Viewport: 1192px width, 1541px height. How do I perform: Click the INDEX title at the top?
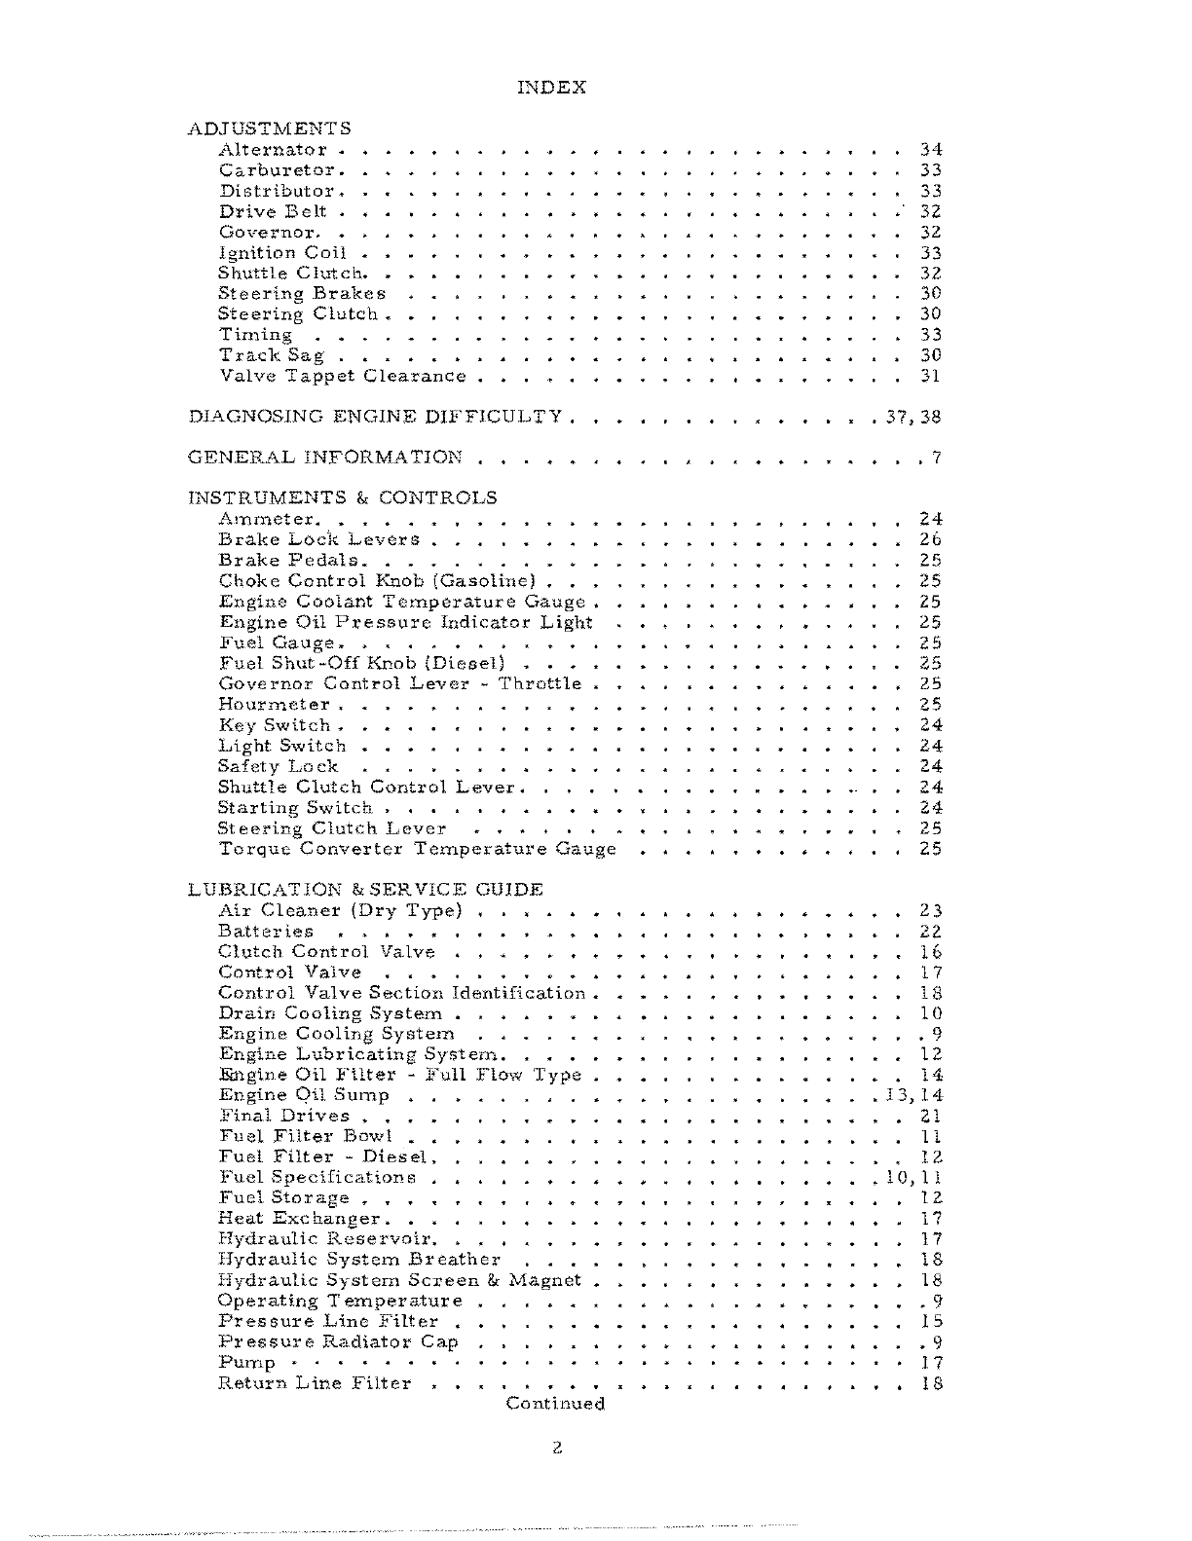(551, 88)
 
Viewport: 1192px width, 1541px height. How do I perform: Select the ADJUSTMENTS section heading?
(269, 128)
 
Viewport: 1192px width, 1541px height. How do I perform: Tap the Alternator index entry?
(273, 150)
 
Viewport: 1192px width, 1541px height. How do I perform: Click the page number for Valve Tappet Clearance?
(930, 376)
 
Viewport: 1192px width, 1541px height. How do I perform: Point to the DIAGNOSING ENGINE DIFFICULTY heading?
(375, 417)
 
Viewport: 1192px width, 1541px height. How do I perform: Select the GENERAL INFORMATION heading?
(325, 458)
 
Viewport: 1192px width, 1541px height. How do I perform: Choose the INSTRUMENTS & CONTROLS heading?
(342, 498)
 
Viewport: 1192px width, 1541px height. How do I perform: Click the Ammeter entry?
(266, 520)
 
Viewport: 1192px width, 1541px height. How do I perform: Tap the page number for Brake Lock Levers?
(930, 539)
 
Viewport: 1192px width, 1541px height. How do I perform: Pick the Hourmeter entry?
(275, 705)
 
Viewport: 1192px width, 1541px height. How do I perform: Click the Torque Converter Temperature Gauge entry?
(418, 849)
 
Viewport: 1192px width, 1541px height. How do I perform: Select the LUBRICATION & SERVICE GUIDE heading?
(365, 890)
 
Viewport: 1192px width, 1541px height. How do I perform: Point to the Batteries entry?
(266, 932)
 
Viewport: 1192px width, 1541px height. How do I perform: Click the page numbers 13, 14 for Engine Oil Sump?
(913, 1096)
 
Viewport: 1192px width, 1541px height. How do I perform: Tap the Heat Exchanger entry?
(300, 1219)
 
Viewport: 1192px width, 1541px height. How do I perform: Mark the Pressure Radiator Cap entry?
(338, 1342)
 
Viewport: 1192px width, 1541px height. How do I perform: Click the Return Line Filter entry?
(315, 1383)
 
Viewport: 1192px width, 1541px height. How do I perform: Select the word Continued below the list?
(555, 1404)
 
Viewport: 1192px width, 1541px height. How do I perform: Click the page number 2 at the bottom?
(556, 1448)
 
